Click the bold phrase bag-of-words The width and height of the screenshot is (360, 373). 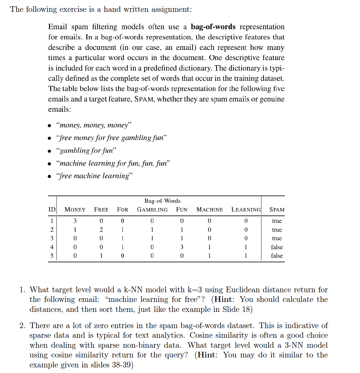213,27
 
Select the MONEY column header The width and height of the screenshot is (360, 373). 75,210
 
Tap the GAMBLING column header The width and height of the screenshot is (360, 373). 152,210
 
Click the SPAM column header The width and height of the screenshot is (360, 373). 277,210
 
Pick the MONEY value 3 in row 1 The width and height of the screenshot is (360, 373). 75,221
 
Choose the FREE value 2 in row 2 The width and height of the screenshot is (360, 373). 101,230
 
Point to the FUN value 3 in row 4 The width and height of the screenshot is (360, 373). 182,247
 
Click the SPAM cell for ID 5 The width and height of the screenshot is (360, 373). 277,256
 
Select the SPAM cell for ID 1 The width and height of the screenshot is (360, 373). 277,221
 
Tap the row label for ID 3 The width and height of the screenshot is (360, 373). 52,238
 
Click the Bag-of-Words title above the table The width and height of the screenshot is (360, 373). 162,201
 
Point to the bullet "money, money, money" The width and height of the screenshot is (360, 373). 94,125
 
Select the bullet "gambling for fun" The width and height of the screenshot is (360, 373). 86,151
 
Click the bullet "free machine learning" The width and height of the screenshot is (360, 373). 95,176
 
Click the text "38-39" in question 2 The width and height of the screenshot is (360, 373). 122,365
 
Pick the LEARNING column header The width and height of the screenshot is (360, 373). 246,210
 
